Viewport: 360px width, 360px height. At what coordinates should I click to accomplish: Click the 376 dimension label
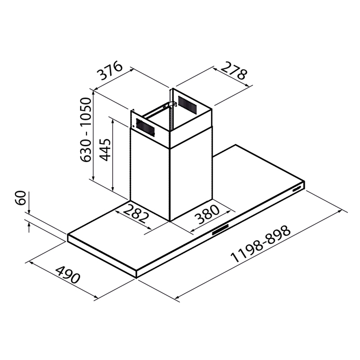[x=109, y=71]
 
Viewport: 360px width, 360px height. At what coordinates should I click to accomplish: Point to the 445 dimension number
[x=105, y=150]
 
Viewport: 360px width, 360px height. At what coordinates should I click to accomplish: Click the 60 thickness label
[x=20, y=197]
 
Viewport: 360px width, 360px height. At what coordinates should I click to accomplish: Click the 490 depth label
[x=68, y=274]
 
